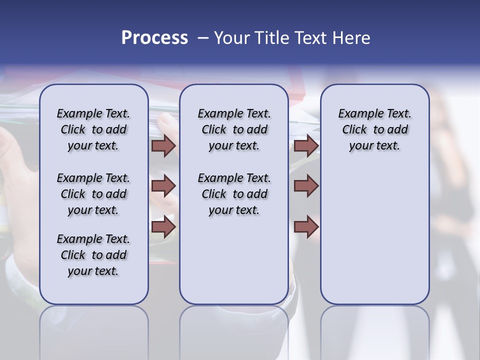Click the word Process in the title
[154, 38]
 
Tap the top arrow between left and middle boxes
[163, 145]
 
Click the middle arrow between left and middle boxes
[163, 186]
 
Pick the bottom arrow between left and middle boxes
[163, 226]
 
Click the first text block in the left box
[93, 129]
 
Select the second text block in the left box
[93, 194]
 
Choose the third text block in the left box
[93, 255]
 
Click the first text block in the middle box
[234, 129]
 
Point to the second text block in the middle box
[234, 194]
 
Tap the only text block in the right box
[374, 129]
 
